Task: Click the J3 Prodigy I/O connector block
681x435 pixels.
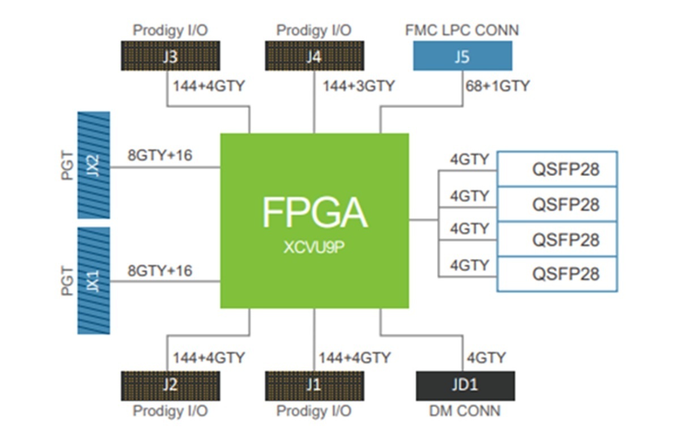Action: click(x=170, y=57)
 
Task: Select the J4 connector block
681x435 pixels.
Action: click(x=314, y=57)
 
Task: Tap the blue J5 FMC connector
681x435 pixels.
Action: click(x=462, y=56)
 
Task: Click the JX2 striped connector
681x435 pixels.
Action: click(x=93, y=165)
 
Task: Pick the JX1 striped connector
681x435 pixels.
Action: click(x=93, y=280)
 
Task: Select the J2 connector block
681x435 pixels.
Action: click(x=170, y=385)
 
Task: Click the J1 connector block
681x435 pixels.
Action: click(x=314, y=385)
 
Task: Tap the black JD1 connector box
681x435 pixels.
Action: click(x=465, y=385)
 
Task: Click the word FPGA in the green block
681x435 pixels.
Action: click(x=314, y=212)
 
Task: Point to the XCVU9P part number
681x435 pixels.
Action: click(x=314, y=248)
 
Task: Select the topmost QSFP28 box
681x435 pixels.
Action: click(x=557, y=169)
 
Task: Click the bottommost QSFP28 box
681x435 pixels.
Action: click(x=557, y=274)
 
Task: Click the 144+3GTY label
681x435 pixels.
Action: click(x=359, y=86)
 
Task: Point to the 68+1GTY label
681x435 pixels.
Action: click(x=497, y=86)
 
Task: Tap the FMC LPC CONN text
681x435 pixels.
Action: click(x=462, y=29)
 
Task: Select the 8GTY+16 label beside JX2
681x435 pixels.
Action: click(x=160, y=155)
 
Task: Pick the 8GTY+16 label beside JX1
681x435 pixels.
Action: click(x=160, y=270)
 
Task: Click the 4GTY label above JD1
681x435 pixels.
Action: click(x=486, y=358)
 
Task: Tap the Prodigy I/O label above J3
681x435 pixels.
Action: click(x=170, y=29)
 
